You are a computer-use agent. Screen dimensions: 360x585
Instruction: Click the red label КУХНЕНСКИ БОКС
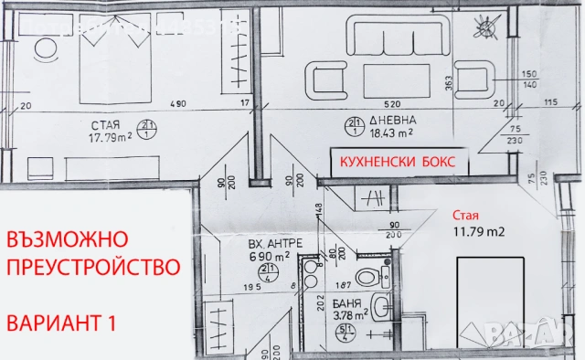[x=399, y=162]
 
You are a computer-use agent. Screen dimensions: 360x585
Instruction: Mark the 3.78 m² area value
[x=347, y=315]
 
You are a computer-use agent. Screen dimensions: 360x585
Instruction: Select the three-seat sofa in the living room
[x=380, y=37]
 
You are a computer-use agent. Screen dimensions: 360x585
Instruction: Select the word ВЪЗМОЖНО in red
[x=67, y=239]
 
